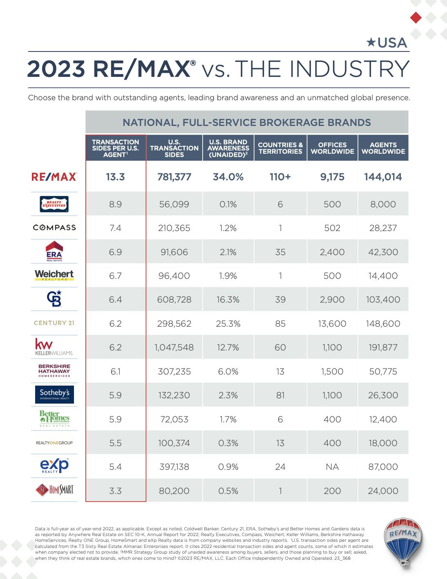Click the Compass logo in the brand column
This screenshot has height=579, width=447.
pos(54,227)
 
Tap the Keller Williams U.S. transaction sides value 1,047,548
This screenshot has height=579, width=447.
pos(174,348)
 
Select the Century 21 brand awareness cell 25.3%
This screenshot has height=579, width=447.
pos(228,324)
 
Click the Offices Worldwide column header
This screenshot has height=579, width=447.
pos(332,148)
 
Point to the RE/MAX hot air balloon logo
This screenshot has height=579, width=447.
pos(403,541)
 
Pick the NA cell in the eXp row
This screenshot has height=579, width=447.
pos(332,467)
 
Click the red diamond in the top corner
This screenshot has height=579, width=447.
pos(416,18)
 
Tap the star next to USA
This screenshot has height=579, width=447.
pos(371,42)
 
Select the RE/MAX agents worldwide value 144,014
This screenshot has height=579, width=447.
pos(383,177)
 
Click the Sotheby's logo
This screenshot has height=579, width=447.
pos(54,394)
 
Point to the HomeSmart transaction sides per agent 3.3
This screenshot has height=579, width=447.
pos(115,491)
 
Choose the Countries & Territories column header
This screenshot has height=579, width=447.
pos(280,148)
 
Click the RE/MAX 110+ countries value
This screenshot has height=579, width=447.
pos(280,177)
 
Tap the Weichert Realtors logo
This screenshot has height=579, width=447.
pos(54,275)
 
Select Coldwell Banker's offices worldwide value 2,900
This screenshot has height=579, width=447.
pos(332,300)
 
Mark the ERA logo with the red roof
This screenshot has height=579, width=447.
pos(54,251)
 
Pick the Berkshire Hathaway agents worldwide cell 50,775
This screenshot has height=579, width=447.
pos(383,372)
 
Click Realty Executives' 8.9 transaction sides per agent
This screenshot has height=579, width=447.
pos(115,204)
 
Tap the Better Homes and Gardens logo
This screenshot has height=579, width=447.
pos(54,418)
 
